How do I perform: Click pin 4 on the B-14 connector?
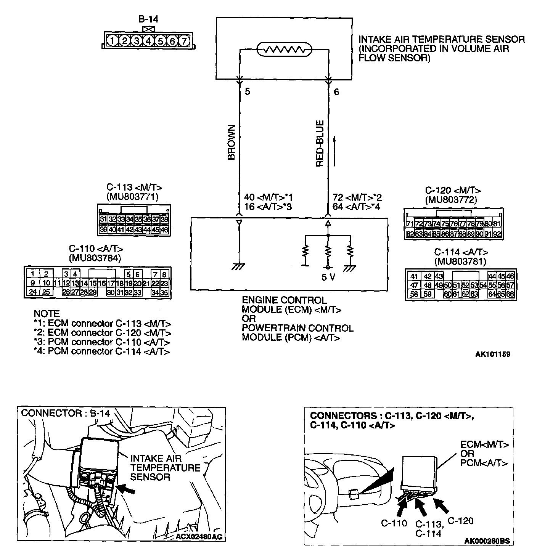pos(148,40)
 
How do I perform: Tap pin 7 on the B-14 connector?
pos(184,40)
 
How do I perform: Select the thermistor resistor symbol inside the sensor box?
pos(284,50)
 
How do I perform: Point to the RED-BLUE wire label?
pos(320,143)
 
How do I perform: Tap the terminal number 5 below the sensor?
pos(248,92)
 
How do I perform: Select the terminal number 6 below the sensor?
pos(336,92)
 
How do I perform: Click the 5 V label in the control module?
pos(328,277)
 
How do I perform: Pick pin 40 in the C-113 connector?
pos(112,230)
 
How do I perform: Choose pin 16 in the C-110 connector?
pos(102,283)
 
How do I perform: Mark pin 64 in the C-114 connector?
pos(492,294)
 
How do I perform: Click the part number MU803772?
pos(451,200)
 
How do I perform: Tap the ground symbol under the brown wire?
pos(239,267)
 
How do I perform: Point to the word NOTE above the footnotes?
pos(47,314)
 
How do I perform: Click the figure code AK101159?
pos(492,354)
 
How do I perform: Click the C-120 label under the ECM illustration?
pos(460,521)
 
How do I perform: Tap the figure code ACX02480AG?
pos(199,537)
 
